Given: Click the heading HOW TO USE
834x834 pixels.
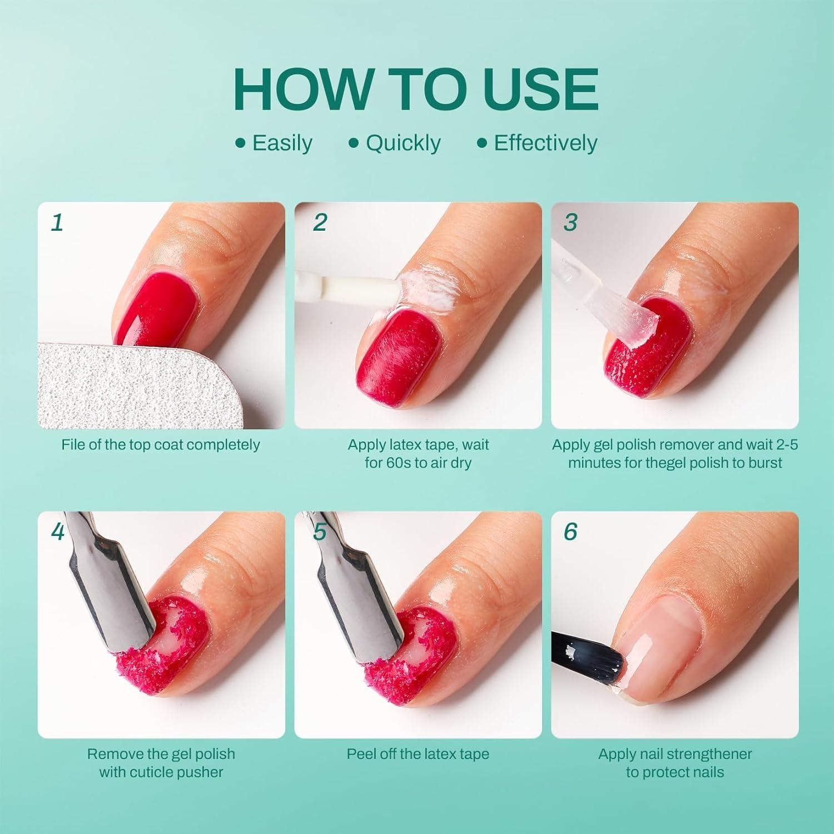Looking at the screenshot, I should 416,89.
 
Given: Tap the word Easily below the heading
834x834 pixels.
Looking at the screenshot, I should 282,143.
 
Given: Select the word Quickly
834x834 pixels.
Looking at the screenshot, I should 403,143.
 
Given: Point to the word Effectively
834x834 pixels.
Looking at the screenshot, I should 545,143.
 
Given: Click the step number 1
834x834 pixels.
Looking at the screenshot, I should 57,222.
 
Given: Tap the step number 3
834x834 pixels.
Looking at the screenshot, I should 570,222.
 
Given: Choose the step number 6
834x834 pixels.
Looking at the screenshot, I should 570,532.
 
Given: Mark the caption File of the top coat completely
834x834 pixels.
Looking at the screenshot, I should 161,445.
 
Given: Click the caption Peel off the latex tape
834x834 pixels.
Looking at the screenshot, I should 418,754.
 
